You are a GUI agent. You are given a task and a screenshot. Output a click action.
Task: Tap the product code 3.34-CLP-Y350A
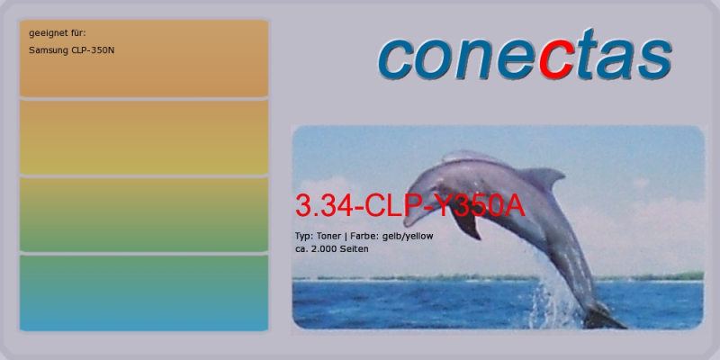(x=409, y=205)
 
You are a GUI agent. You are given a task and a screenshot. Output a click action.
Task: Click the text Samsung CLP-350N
(x=72, y=50)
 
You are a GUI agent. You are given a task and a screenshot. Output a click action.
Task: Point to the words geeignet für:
(x=58, y=33)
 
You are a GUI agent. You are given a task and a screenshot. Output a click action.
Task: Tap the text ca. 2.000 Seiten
(x=331, y=249)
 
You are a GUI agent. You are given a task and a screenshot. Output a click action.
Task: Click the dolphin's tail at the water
(x=604, y=318)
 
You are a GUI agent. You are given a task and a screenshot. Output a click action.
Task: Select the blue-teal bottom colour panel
(x=144, y=293)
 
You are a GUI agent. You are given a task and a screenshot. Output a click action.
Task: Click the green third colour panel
(x=144, y=214)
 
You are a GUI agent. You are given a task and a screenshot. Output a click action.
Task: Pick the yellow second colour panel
(x=144, y=137)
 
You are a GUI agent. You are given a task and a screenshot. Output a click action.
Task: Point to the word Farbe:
(x=363, y=236)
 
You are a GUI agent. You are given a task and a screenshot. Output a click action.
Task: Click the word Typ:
(x=304, y=237)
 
